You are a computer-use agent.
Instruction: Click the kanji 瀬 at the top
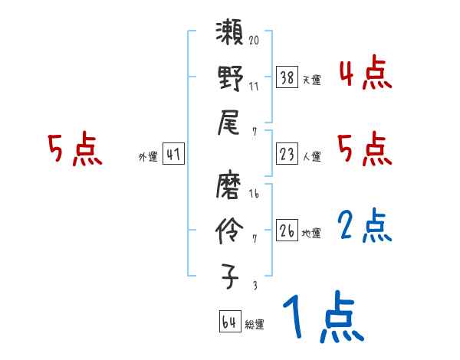point(230,35)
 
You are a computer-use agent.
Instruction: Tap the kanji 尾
point(230,121)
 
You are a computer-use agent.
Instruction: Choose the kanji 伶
point(230,230)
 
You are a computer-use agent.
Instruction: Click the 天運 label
point(311,79)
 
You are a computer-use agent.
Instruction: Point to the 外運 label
point(147,157)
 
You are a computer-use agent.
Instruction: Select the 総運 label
point(254,325)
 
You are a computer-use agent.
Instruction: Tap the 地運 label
point(311,233)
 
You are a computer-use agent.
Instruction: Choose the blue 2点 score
point(364,226)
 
